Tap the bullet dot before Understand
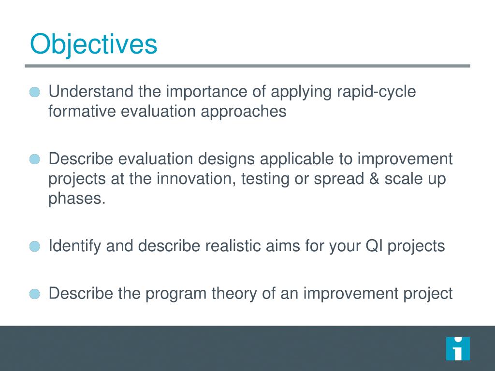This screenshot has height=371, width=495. pyautogui.click(x=35, y=92)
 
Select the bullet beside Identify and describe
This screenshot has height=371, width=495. pyautogui.click(x=35, y=246)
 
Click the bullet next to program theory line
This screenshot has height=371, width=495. pyautogui.click(x=35, y=294)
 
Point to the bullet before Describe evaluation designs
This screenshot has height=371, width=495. pyautogui.click(x=35, y=159)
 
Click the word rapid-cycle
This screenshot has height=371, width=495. pyautogui.click(x=376, y=92)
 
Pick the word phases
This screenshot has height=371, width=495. pyautogui.click(x=77, y=199)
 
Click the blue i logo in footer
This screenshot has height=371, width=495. pyautogui.click(x=458, y=349)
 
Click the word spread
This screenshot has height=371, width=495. pyautogui.click(x=339, y=179)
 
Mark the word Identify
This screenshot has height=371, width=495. pyautogui.click(x=74, y=246)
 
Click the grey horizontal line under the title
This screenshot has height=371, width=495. pyautogui.click(x=247, y=66)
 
